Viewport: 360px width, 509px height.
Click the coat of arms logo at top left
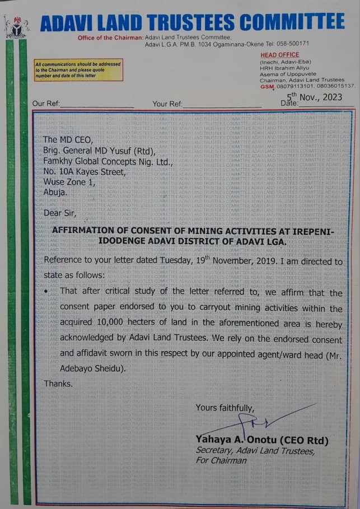click(16, 26)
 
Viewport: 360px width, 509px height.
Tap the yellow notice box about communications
click(78, 71)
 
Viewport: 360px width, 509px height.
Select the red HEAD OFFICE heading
click(280, 55)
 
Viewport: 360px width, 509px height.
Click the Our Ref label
click(45, 104)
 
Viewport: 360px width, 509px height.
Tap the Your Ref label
click(167, 104)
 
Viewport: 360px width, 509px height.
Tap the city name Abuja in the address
click(55, 192)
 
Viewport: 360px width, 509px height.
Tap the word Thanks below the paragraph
click(58, 384)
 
